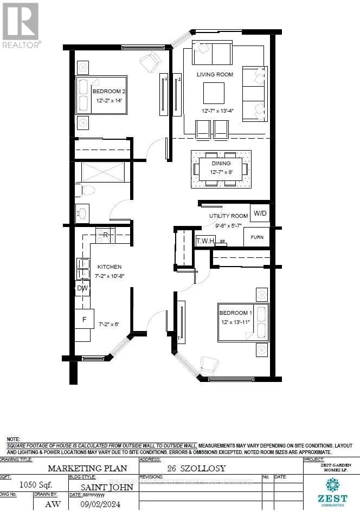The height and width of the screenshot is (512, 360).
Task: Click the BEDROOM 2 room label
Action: click(x=106, y=91)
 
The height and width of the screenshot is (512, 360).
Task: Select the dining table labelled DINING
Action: click(x=221, y=168)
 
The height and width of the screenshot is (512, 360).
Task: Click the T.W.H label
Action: click(x=205, y=240)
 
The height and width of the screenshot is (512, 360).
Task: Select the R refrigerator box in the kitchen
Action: click(x=105, y=235)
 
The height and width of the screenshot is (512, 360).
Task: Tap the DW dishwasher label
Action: click(x=82, y=288)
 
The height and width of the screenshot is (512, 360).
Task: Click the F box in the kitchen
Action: click(x=84, y=319)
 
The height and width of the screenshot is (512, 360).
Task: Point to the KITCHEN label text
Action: click(x=109, y=267)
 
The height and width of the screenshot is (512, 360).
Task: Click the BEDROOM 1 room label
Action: click(x=235, y=314)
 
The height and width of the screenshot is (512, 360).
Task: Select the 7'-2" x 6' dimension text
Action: click(x=108, y=324)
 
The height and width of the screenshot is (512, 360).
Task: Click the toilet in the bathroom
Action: click(x=87, y=190)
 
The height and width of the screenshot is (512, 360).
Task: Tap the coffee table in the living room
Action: click(x=214, y=93)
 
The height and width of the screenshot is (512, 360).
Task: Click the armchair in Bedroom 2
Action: click(x=150, y=63)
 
